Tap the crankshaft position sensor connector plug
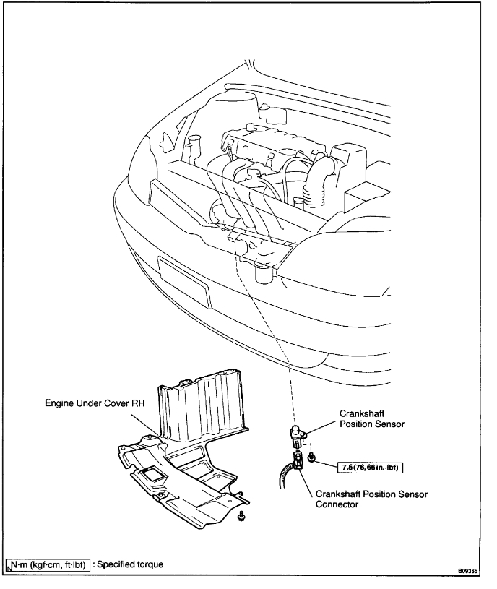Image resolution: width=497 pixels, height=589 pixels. [298, 463]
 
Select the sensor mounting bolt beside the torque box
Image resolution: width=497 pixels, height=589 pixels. [311, 457]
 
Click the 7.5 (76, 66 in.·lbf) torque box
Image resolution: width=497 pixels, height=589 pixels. [368, 466]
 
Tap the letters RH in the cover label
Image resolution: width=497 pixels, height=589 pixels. [142, 406]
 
